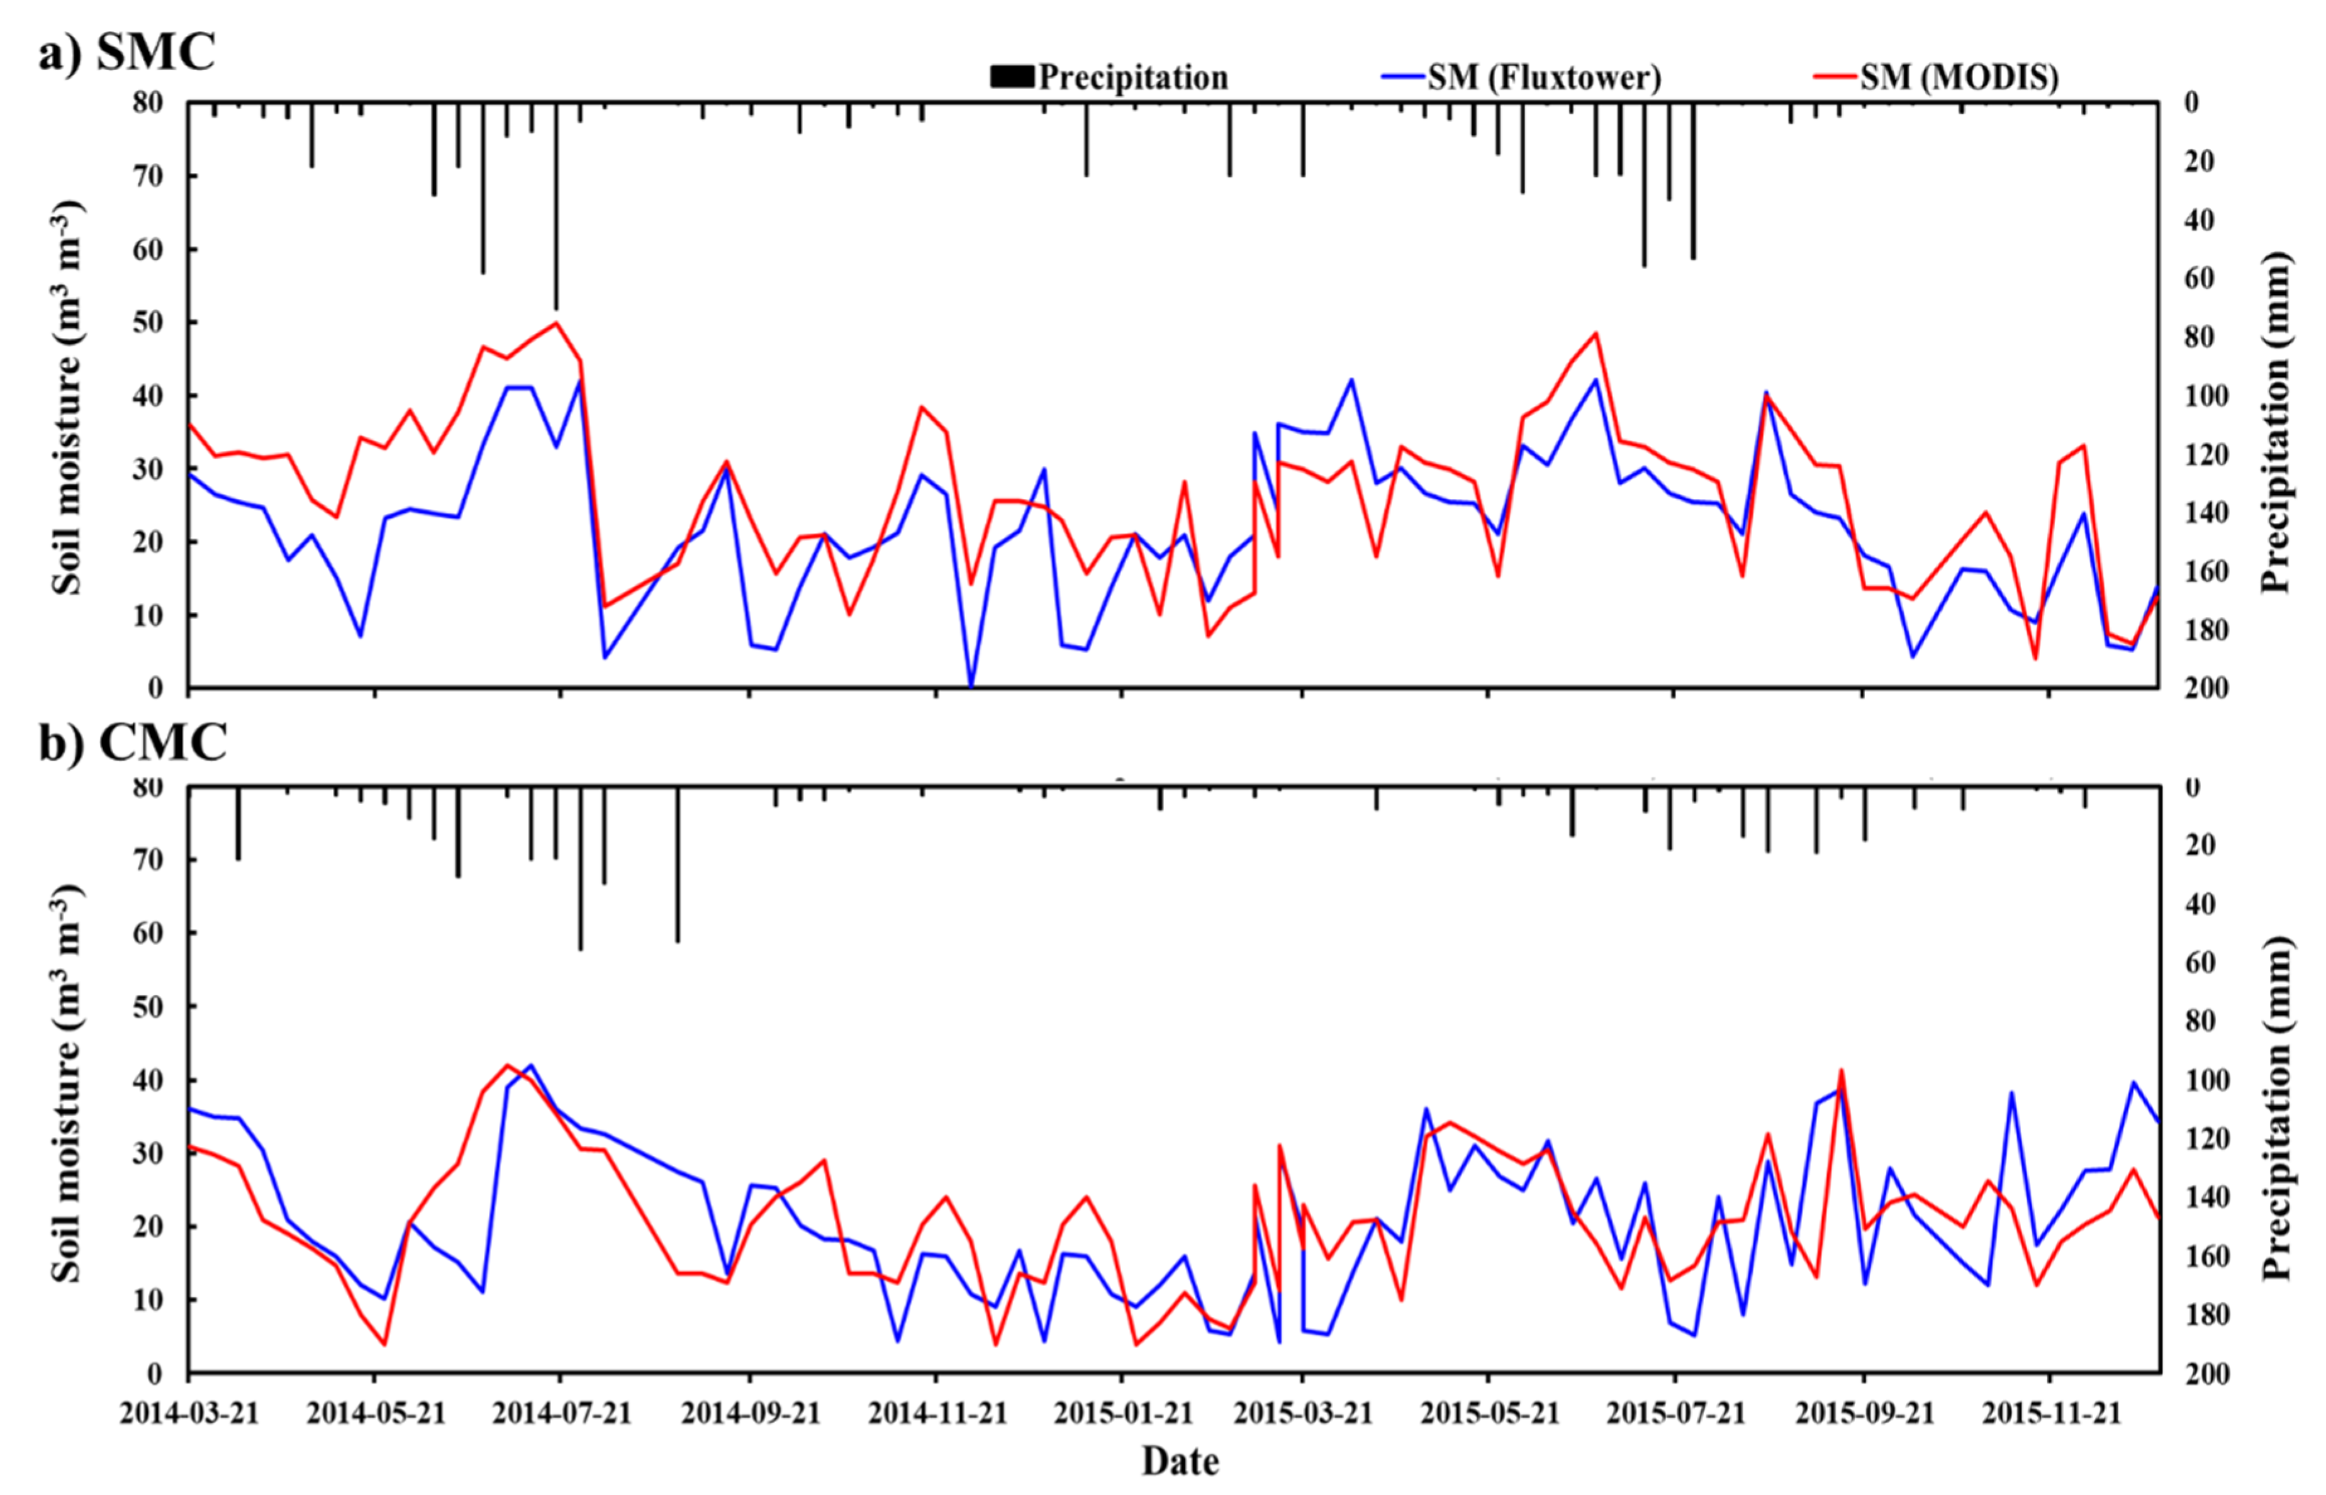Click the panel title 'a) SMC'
tap(126, 52)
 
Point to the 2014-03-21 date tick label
tap(190, 1413)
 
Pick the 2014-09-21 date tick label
tap(751, 1413)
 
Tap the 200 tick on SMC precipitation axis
tap(2196, 688)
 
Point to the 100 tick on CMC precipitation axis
tap(2196, 1080)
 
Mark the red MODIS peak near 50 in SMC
tap(556, 323)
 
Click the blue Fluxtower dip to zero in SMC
tap(971, 685)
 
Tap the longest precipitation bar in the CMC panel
tap(581, 869)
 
